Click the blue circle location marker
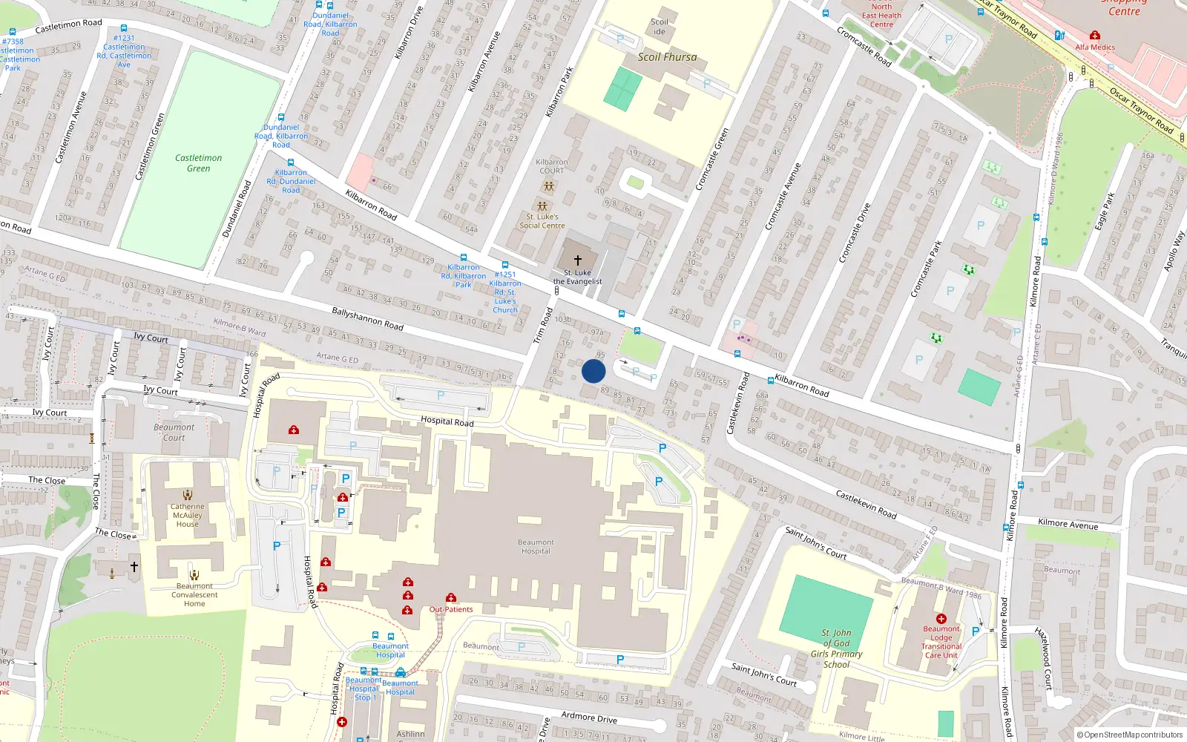pos(593,371)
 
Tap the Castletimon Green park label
pos(198,163)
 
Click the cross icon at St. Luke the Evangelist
pos(578,260)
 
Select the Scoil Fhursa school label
pos(667,57)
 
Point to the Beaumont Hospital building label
pos(536,547)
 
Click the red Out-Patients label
pos(451,609)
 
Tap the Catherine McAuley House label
pos(188,515)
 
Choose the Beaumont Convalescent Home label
pos(194,594)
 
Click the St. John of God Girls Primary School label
pos(836,649)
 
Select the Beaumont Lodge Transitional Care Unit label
pos(941,642)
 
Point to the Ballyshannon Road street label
pos(367,319)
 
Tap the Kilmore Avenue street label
pos(1068,524)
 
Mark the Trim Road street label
pos(544,326)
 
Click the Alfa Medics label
pos(1095,47)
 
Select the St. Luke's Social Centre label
pos(542,221)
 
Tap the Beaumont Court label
pos(174,432)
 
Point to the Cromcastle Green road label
pos(712,160)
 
